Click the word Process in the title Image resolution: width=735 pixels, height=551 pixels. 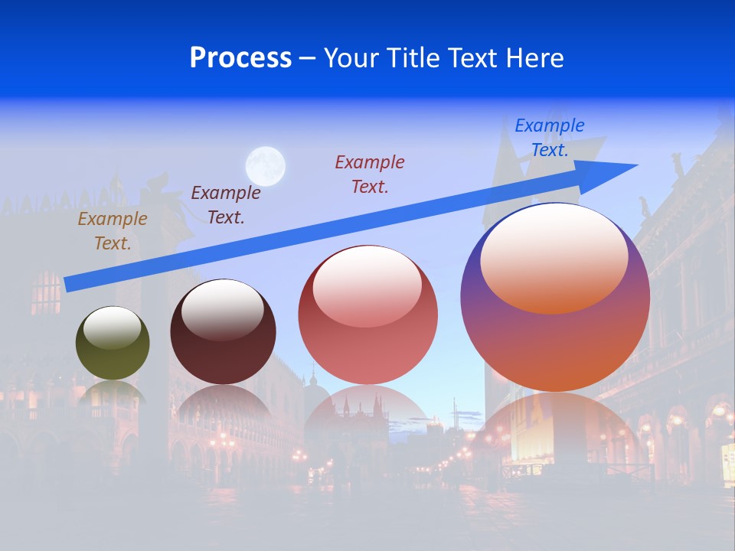pyautogui.click(x=240, y=58)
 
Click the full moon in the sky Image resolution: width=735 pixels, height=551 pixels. pyautogui.click(x=266, y=166)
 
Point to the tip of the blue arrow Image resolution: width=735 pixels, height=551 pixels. pyautogui.click(x=635, y=165)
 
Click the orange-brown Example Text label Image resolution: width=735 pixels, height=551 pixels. pyautogui.click(x=113, y=231)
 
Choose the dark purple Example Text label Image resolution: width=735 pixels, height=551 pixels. pyautogui.click(x=226, y=205)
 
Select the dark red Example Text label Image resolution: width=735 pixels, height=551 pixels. pyautogui.click(x=370, y=174)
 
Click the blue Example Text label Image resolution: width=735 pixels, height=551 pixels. pyautogui.click(x=550, y=138)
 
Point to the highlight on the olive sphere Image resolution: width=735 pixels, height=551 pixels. pyautogui.click(x=112, y=328)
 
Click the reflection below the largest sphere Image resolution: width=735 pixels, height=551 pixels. pyautogui.click(x=555, y=429)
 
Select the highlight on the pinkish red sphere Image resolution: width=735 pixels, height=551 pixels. pyautogui.click(x=367, y=285)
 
